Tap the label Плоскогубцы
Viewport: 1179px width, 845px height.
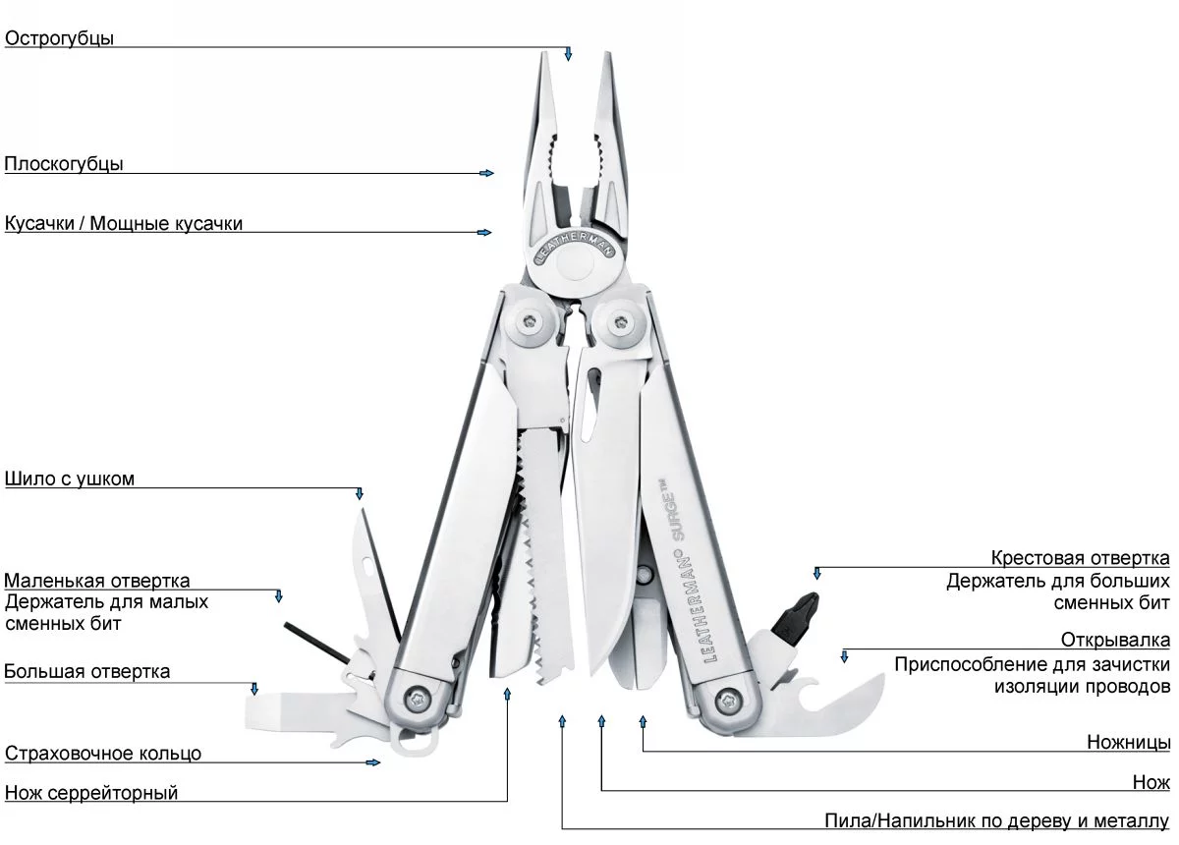point(64,164)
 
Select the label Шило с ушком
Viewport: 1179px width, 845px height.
point(70,479)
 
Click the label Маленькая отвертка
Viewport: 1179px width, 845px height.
point(97,581)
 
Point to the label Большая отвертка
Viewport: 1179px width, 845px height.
point(87,672)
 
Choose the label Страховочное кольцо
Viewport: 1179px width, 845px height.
point(103,754)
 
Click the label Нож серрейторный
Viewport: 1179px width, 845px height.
point(91,793)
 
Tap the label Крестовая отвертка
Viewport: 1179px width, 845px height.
point(1080,559)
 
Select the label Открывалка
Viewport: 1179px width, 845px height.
point(1115,641)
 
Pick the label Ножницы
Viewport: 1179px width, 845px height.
point(1128,742)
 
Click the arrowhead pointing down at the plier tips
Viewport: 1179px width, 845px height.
point(568,55)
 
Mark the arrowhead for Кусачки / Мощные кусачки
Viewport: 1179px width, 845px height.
point(484,233)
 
